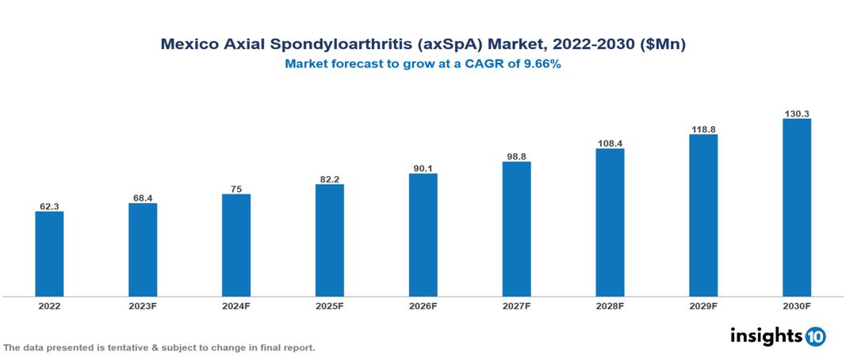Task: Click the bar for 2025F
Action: [x=329, y=240]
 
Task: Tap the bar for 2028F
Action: [x=610, y=223]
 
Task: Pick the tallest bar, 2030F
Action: [x=796, y=208]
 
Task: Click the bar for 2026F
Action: [x=423, y=235]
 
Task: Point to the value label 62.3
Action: [x=49, y=206]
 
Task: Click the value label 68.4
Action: [x=143, y=197]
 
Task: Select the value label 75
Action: [x=236, y=189]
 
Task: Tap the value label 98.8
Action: [x=516, y=157]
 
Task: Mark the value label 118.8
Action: [x=703, y=128]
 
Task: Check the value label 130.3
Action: [x=796, y=113]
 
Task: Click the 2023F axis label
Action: [x=143, y=305]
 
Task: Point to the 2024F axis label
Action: [x=236, y=305]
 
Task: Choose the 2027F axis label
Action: [x=516, y=305]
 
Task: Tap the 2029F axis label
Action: [x=703, y=305]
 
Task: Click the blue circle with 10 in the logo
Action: [x=815, y=337]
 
